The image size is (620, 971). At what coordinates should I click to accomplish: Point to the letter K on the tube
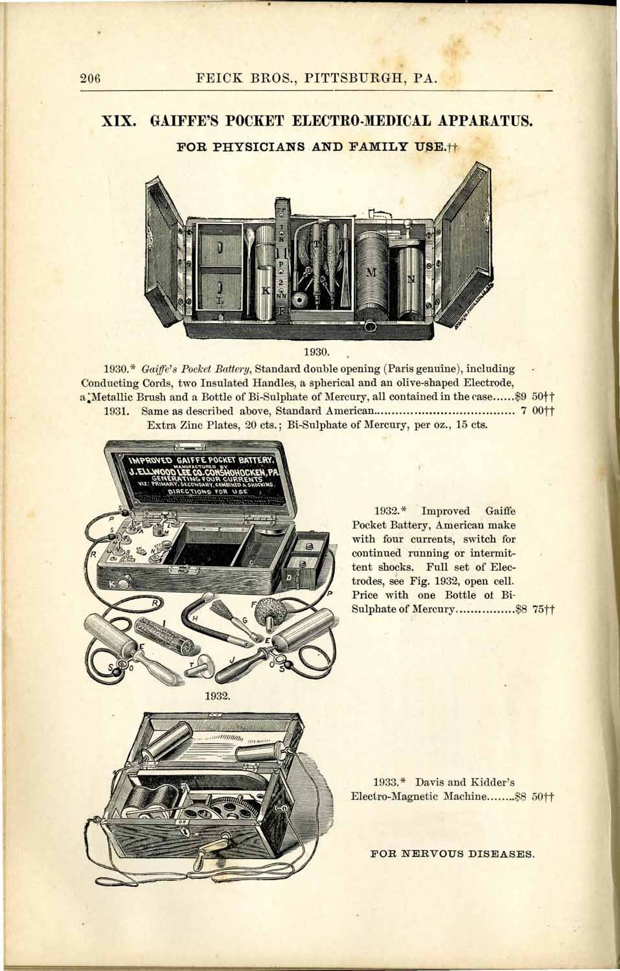(x=264, y=291)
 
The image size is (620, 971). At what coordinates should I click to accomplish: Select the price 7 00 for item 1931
(x=536, y=411)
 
